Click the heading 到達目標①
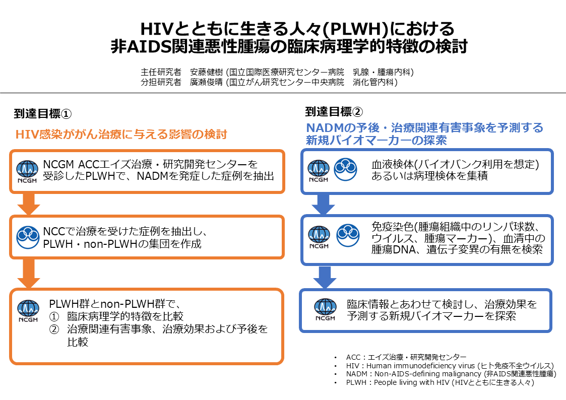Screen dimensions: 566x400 (x=43, y=114)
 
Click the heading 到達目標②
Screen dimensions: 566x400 (x=334, y=112)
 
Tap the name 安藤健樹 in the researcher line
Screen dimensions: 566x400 (x=207, y=72)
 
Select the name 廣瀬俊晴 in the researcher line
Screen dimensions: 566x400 (x=207, y=82)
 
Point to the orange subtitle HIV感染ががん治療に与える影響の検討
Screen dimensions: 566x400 (x=121, y=134)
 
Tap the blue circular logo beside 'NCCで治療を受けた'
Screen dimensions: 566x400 (x=28, y=237)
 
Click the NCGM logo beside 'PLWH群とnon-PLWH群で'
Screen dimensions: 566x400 (x=28, y=311)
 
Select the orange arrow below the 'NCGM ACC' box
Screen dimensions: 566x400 (x=29, y=204)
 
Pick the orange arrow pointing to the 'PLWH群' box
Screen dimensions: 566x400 (x=29, y=274)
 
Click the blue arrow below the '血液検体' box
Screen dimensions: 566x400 (x=324, y=205)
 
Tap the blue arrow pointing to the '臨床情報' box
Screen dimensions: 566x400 (x=325, y=278)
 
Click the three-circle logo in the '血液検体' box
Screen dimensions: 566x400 (x=345, y=169)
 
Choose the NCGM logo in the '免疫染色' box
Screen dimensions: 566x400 (x=319, y=237)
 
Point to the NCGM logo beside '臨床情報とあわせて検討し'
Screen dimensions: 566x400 (x=325, y=309)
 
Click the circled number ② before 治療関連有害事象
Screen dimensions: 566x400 (x=54, y=329)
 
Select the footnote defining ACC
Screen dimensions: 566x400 (x=406, y=357)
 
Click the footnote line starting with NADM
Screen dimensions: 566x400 (x=451, y=374)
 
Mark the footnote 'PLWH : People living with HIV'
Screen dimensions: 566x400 (x=440, y=382)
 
